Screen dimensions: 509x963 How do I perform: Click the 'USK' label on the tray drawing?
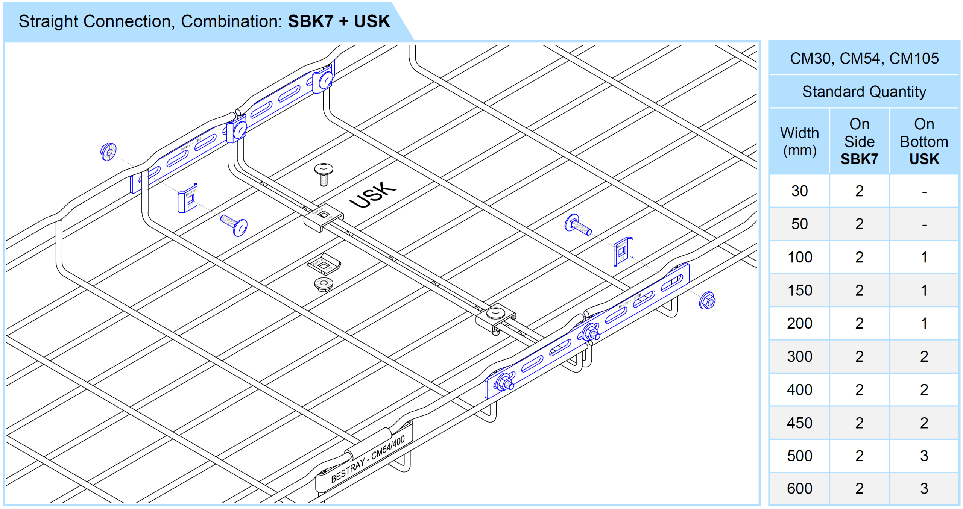[x=372, y=195]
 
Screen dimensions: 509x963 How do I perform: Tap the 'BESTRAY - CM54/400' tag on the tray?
[x=368, y=459]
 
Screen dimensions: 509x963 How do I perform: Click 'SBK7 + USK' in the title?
[x=339, y=21]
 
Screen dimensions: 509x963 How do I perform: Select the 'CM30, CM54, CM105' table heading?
[x=864, y=58]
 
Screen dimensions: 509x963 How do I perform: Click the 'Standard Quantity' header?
[x=864, y=92]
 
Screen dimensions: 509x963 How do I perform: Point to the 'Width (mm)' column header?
[x=799, y=142]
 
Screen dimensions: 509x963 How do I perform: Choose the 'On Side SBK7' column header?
[x=859, y=142]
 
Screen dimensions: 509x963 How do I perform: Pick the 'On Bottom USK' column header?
[x=924, y=142]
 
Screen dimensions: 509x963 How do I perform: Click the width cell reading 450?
[x=799, y=423]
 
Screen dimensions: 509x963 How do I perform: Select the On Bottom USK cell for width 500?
[x=924, y=456]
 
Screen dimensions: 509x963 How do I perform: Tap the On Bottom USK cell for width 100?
[x=924, y=258]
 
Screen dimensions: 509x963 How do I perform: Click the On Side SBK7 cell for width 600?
[x=859, y=489]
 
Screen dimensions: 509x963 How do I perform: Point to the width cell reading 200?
[x=799, y=323]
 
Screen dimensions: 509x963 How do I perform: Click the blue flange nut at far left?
[x=108, y=152]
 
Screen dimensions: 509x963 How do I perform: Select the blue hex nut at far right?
[x=707, y=301]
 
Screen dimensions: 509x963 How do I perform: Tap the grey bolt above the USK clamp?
[x=323, y=174]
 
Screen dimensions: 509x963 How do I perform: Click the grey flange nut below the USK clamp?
[x=323, y=284]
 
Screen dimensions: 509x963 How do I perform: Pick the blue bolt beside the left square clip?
[x=234, y=225]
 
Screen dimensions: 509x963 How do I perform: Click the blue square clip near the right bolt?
[x=623, y=251]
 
